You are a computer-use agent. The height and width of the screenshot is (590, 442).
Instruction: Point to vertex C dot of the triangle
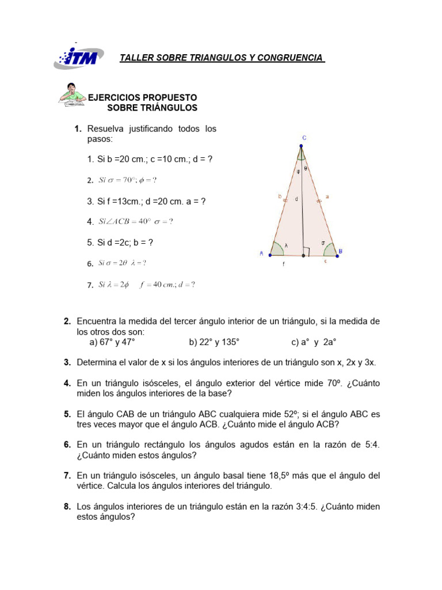coord(301,146)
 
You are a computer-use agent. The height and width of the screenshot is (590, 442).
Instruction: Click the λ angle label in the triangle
coord(286,244)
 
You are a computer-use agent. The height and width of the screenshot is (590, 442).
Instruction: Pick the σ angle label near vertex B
coord(323,243)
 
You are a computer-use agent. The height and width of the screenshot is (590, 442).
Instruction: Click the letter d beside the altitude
coord(296,199)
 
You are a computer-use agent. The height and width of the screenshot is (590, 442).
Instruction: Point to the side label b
coord(279,196)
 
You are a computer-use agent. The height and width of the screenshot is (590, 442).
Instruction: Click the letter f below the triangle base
coord(283,265)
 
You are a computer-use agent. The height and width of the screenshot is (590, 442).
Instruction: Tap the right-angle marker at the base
coord(308,251)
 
